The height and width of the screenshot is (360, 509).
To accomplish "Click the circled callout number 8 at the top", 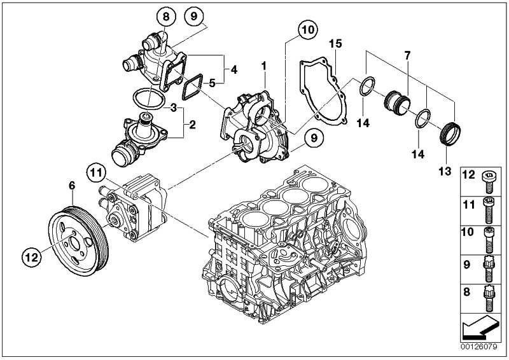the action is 166,17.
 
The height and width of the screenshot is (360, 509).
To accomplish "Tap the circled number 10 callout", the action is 308,30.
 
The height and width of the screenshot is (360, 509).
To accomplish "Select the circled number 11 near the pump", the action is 97,173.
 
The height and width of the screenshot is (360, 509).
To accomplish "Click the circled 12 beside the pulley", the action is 32,258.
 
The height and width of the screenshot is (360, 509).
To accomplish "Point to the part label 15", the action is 336,43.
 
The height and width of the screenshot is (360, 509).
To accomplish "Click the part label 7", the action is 407,55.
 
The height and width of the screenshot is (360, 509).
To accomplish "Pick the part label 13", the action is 445,170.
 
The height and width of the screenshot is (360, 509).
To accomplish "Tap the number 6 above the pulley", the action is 72,185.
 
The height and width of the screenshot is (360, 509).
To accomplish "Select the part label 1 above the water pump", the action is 264,66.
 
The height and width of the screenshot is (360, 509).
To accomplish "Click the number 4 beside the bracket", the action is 234,70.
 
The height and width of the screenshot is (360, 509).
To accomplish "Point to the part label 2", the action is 192,125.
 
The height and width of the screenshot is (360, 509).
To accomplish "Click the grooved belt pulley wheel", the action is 78,240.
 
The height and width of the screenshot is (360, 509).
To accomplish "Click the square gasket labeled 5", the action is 193,87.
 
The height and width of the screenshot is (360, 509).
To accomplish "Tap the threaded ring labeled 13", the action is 450,134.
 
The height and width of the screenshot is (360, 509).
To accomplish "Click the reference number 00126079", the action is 478,347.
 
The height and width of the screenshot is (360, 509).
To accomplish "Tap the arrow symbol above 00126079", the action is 480,328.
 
